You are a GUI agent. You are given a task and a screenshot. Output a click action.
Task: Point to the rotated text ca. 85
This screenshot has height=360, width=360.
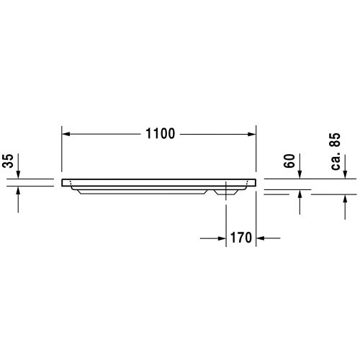(335, 152)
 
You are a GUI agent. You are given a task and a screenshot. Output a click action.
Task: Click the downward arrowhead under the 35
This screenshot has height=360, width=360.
(18, 175)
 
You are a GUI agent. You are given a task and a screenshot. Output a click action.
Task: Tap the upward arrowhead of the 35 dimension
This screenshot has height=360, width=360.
(18, 191)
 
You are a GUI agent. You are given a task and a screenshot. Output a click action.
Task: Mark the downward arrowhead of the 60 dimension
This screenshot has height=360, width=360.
(300, 175)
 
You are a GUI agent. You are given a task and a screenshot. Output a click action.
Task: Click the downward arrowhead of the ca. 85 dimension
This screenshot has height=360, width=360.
(346, 175)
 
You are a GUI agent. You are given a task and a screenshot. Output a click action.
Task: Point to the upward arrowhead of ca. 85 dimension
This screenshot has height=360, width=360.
(346, 199)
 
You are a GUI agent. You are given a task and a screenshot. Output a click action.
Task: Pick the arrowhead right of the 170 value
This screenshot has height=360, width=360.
(261, 237)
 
